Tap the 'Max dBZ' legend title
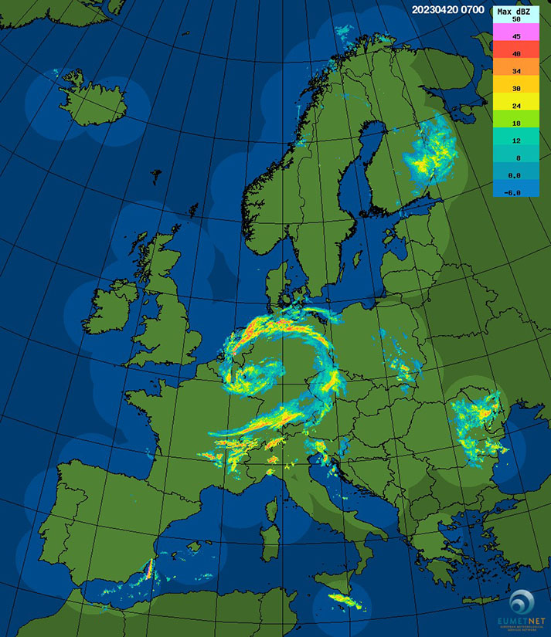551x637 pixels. [515, 12]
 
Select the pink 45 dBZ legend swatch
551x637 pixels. [515, 36]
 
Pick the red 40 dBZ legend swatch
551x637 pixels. [515, 53]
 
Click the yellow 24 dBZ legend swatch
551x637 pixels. [515, 106]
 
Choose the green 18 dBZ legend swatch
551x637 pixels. [515, 123]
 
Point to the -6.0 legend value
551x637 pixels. [515, 192]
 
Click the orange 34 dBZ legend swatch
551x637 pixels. [515, 71]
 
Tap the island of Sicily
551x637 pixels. [344, 599]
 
